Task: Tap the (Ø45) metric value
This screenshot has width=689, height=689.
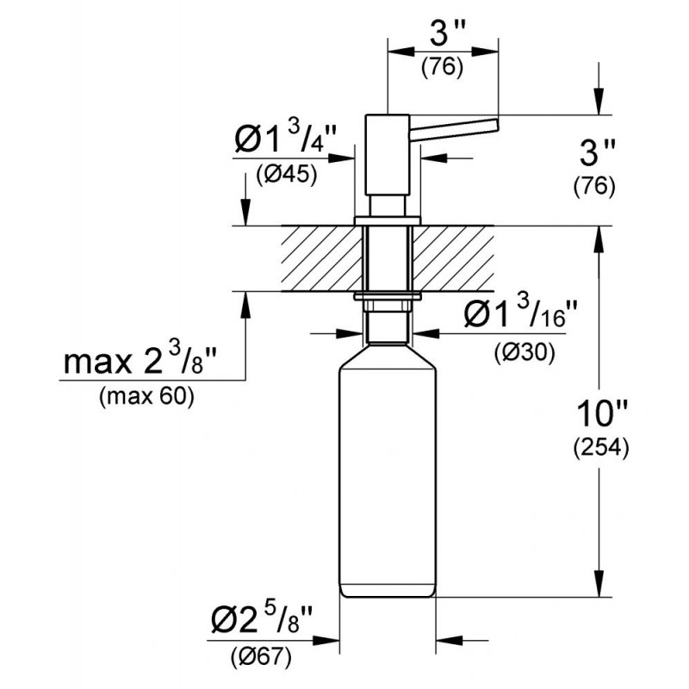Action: pos(287,175)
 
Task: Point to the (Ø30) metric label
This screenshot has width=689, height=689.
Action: pos(525,351)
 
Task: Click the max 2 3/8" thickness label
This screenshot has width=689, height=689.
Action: pos(140,358)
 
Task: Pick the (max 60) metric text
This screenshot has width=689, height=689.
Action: pos(146,397)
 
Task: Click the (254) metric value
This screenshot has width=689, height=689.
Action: pos(601,448)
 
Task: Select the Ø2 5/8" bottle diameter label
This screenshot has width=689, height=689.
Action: pos(262,618)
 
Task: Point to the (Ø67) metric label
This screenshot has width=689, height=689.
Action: pos(261,656)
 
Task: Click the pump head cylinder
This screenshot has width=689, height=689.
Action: pos(388,155)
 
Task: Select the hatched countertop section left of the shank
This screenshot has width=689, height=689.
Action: pos(322,258)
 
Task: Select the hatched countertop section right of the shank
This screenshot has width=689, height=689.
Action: pos(453,258)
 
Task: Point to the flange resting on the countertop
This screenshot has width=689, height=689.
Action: pos(388,221)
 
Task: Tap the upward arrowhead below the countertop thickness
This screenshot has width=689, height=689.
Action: pos(245,304)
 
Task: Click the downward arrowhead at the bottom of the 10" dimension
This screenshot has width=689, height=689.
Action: pos(599,585)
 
